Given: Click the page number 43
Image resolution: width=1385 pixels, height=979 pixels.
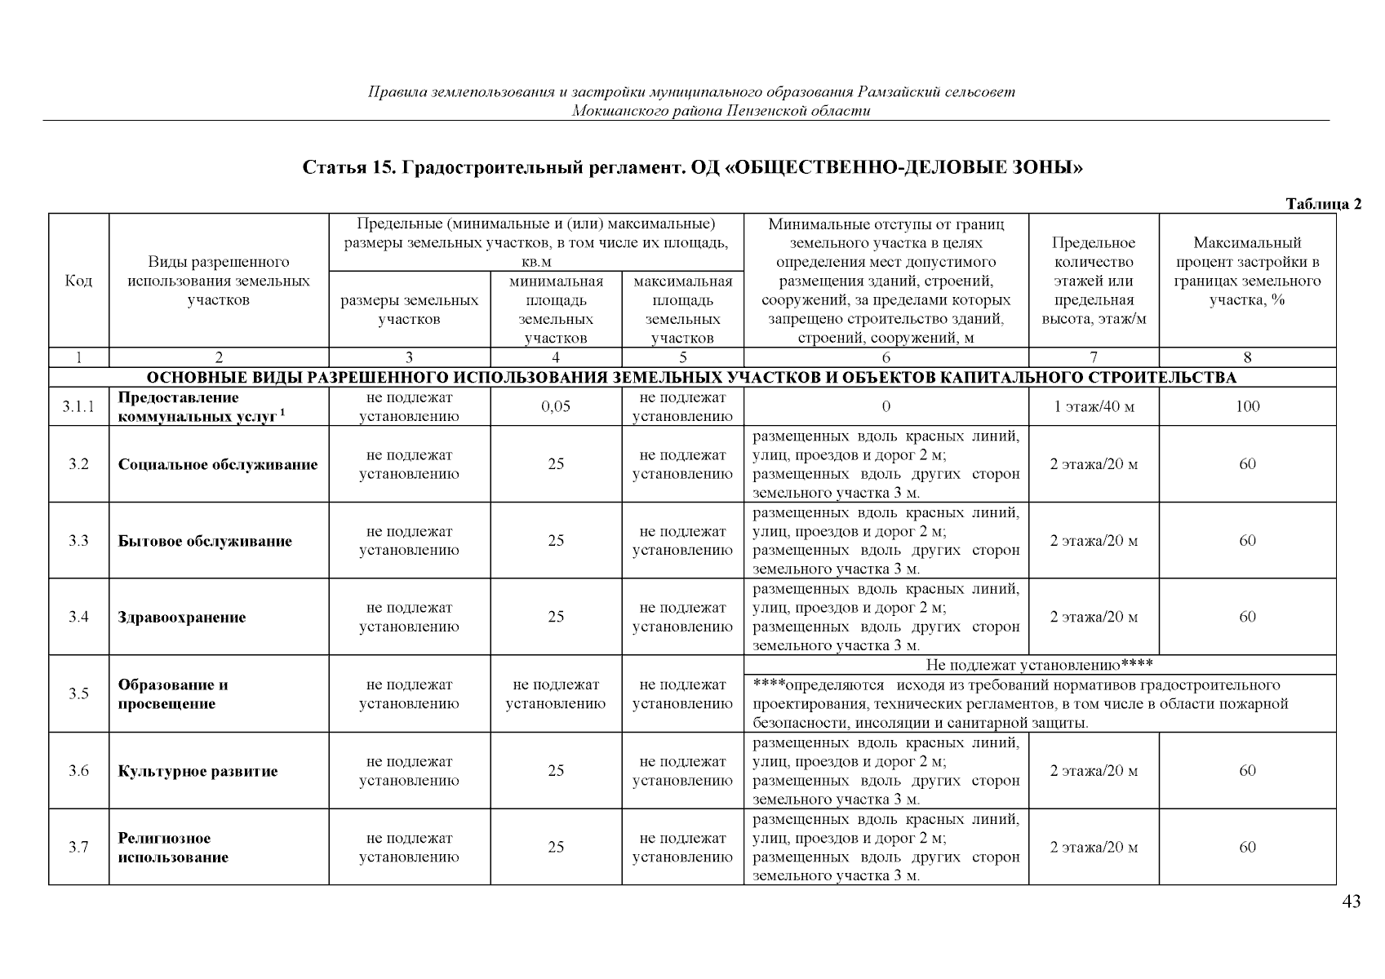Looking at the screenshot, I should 1351,902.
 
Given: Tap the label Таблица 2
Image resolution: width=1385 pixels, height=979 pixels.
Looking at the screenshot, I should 1323,204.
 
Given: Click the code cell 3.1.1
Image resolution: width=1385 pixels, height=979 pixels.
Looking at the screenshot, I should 78,407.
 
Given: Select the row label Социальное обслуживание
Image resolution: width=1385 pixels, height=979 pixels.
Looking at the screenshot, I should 218,465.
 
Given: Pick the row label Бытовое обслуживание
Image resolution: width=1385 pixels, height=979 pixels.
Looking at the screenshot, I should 205,541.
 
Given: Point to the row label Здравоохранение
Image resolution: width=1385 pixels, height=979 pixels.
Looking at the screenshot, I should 182,618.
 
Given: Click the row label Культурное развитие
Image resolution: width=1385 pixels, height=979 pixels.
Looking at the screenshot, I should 198,771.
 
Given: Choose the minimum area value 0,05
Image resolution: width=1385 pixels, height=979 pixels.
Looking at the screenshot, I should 556,407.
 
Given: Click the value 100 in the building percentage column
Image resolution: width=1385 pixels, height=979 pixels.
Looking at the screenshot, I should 1247,407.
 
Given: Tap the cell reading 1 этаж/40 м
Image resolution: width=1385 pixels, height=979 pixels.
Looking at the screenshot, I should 1094,407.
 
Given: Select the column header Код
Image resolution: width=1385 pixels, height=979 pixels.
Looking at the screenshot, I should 78,281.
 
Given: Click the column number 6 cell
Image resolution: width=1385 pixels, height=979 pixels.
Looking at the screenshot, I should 886,357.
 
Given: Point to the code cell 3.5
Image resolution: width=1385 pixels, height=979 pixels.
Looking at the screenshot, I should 78,694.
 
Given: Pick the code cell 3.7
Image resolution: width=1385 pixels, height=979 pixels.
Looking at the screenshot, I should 78,848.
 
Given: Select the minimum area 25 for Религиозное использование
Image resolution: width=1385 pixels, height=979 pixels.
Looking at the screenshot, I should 556,848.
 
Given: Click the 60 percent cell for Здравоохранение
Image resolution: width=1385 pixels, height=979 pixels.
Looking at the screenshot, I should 1247,618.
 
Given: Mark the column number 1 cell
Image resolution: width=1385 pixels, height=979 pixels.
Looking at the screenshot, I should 78,357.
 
